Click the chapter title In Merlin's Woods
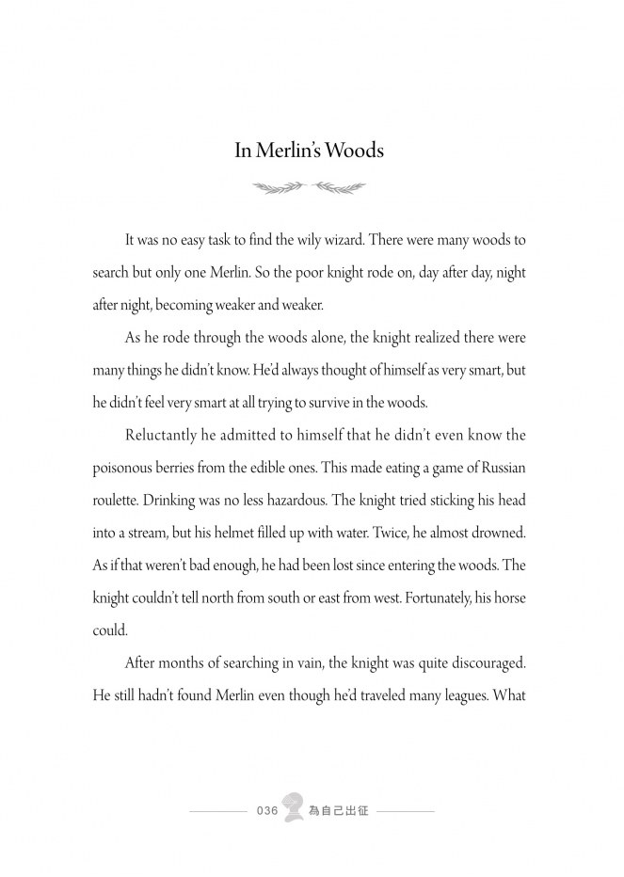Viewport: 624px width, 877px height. coord(310,151)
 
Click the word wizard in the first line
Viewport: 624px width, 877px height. coord(346,240)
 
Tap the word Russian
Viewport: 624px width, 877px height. coord(498,469)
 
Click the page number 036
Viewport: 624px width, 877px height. coord(266,811)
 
